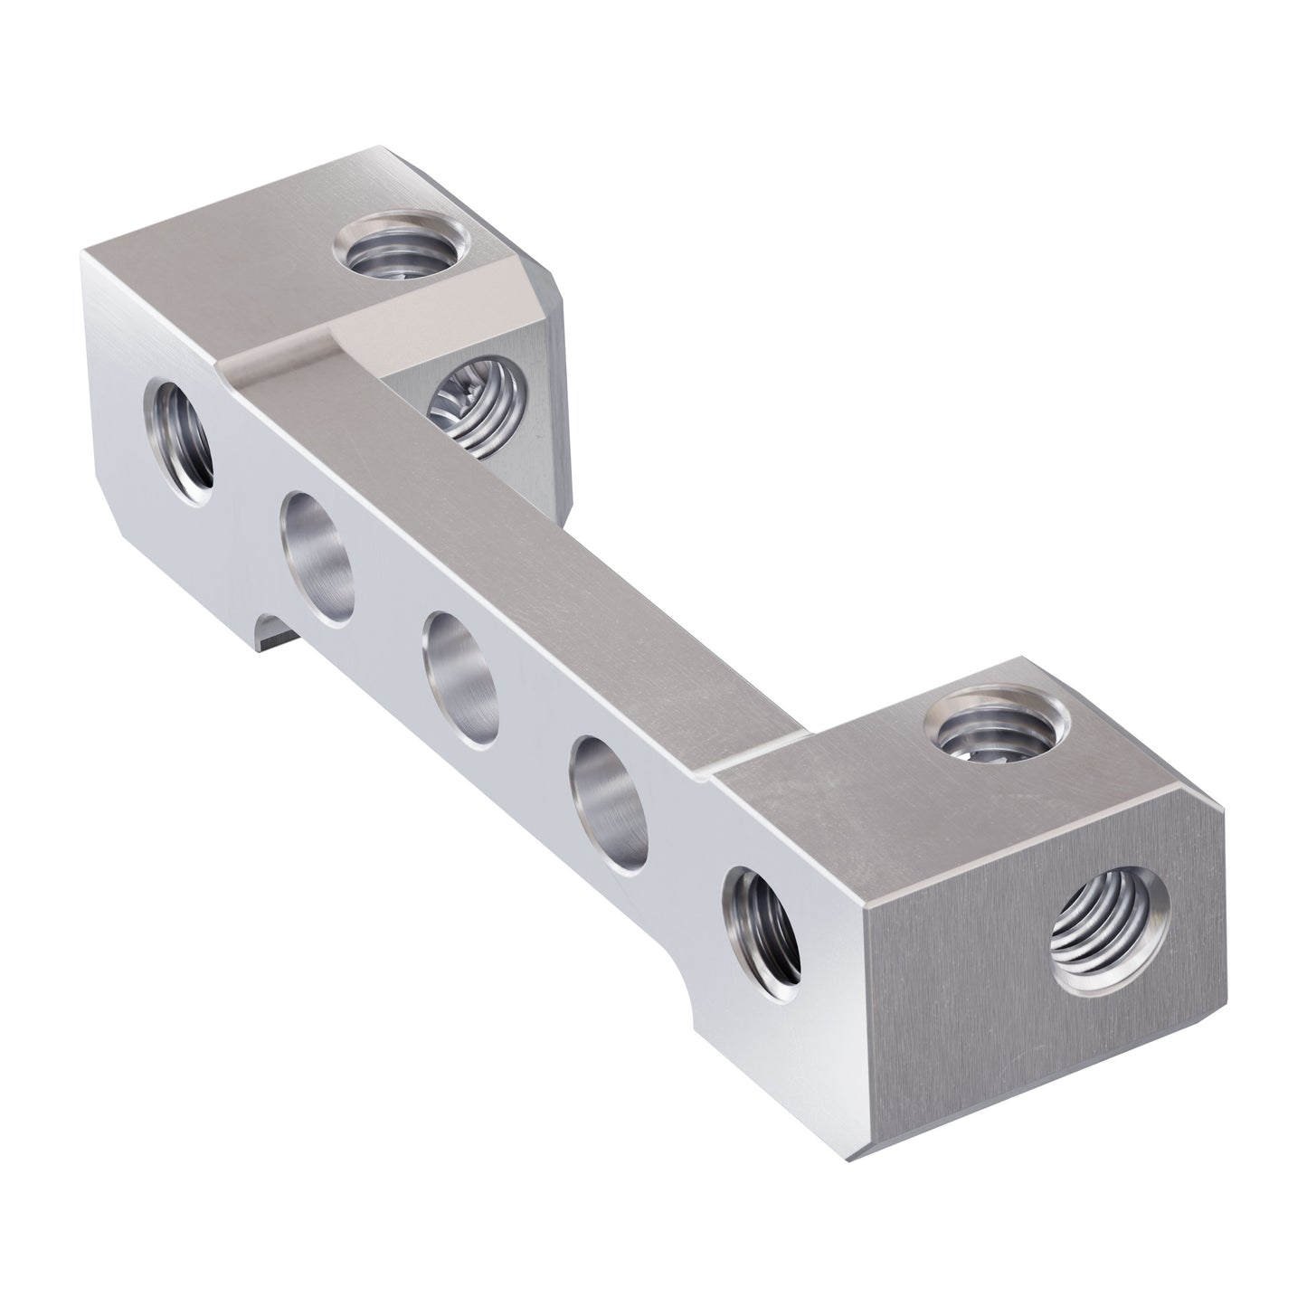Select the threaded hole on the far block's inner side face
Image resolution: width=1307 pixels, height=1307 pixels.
[x=479, y=406]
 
